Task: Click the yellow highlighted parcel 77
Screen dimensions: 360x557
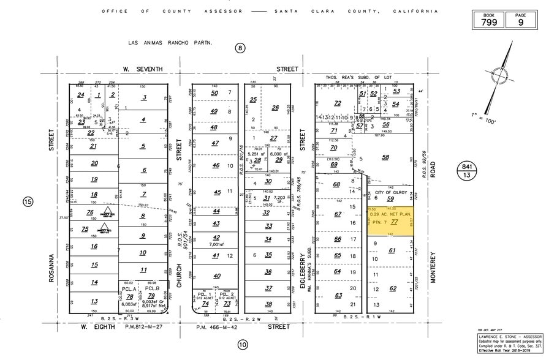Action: (390, 221)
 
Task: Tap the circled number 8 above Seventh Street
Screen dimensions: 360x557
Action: (241, 48)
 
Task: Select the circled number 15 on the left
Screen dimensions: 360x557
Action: (28, 201)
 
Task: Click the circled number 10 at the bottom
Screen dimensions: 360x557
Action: (243, 345)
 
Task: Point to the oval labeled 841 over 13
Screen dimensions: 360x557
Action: (468, 170)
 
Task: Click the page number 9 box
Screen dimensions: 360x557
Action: (521, 21)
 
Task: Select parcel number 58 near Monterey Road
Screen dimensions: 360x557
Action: (385, 157)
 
